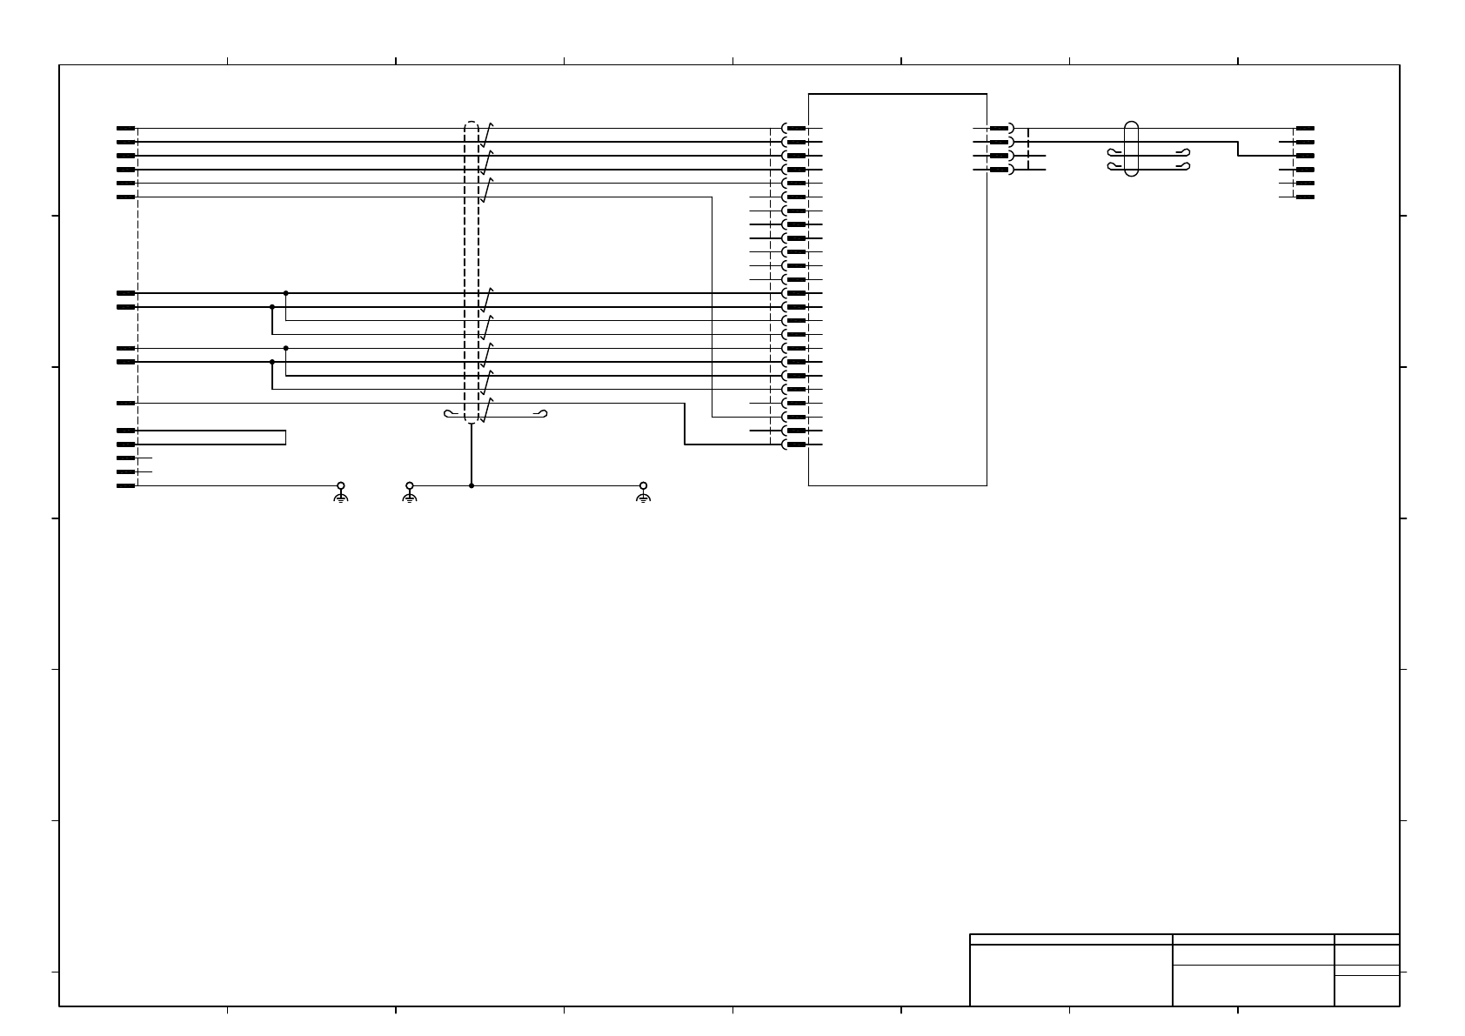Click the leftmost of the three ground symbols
(341, 493)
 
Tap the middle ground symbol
(410, 493)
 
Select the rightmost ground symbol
(643, 493)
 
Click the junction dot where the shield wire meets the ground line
(472, 485)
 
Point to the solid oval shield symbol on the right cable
(1132, 149)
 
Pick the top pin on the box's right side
(1000, 128)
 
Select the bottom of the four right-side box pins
(1000, 170)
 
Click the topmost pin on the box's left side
(795, 128)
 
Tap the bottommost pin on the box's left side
(795, 444)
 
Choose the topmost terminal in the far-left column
(126, 128)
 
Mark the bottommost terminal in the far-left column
(126, 485)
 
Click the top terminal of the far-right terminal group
(1304, 128)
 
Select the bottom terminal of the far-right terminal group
(1304, 197)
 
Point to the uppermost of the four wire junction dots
(286, 293)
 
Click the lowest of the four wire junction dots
(272, 362)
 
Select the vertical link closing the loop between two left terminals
(285, 438)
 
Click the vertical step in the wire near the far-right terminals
(1238, 149)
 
